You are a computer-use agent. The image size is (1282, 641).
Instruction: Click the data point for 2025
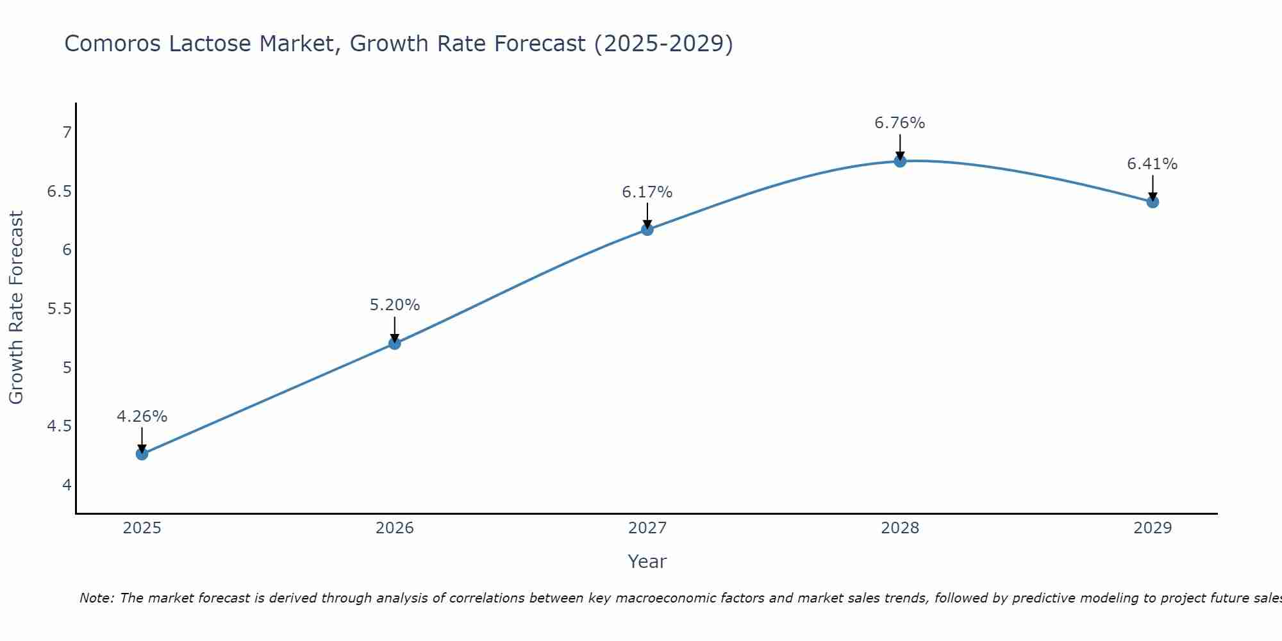(142, 454)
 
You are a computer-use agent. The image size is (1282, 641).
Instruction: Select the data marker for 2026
(394, 344)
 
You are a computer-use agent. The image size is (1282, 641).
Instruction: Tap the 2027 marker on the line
(647, 229)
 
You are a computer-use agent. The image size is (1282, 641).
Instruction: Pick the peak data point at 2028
(900, 161)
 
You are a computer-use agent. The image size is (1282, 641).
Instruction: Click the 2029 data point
(1153, 202)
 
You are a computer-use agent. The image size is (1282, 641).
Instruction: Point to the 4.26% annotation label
(142, 417)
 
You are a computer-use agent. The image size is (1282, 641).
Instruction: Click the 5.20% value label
(394, 305)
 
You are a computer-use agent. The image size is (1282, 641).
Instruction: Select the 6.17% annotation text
(647, 192)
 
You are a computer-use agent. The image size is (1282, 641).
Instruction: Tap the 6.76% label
(900, 123)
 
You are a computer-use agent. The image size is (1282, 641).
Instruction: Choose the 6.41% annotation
(1153, 164)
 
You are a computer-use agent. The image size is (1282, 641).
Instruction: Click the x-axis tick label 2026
(394, 528)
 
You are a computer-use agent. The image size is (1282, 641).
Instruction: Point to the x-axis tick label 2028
(900, 528)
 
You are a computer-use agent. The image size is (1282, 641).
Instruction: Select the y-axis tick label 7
(67, 133)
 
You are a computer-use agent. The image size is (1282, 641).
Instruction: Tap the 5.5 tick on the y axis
(60, 309)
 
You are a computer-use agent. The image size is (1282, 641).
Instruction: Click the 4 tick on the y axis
(67, 485)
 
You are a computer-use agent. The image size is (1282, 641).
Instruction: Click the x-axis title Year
(647, 562)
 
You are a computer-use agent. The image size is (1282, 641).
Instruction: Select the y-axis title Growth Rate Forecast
(16, 308)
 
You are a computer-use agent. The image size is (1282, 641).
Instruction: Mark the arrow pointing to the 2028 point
(900, 146)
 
